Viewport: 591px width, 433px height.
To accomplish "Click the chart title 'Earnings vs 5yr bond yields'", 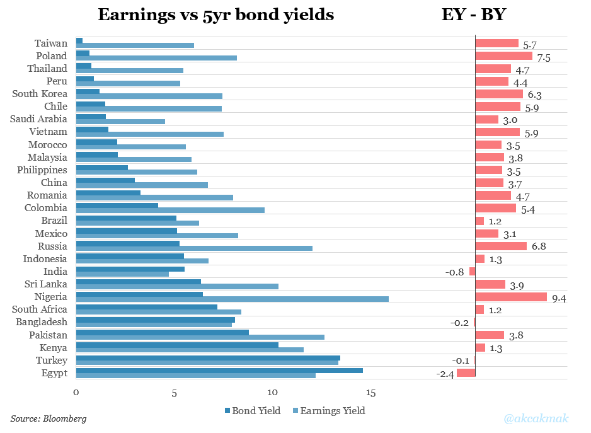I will [215, 14].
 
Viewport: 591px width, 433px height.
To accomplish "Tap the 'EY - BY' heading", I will [473, 14].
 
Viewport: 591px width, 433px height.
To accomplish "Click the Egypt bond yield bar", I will [219, 370].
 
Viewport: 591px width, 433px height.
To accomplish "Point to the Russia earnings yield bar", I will [194, 248].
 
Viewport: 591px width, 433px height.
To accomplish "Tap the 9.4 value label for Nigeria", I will [558, 299].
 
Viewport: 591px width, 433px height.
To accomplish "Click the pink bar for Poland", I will [503, 56].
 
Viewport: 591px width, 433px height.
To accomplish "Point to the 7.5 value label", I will [543, 58].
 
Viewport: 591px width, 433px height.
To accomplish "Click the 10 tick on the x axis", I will [272, 393].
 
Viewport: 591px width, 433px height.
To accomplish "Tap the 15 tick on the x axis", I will [370, 393].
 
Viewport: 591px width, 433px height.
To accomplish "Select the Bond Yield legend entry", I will [252, 411].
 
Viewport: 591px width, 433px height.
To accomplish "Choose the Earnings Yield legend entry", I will [328, 411].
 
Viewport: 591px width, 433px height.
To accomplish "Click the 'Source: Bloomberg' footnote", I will [49, 419].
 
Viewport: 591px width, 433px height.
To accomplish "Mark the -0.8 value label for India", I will [455, 273].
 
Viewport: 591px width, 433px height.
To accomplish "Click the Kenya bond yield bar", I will [177, 345].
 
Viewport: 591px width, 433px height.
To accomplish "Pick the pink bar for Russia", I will [500, 246].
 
